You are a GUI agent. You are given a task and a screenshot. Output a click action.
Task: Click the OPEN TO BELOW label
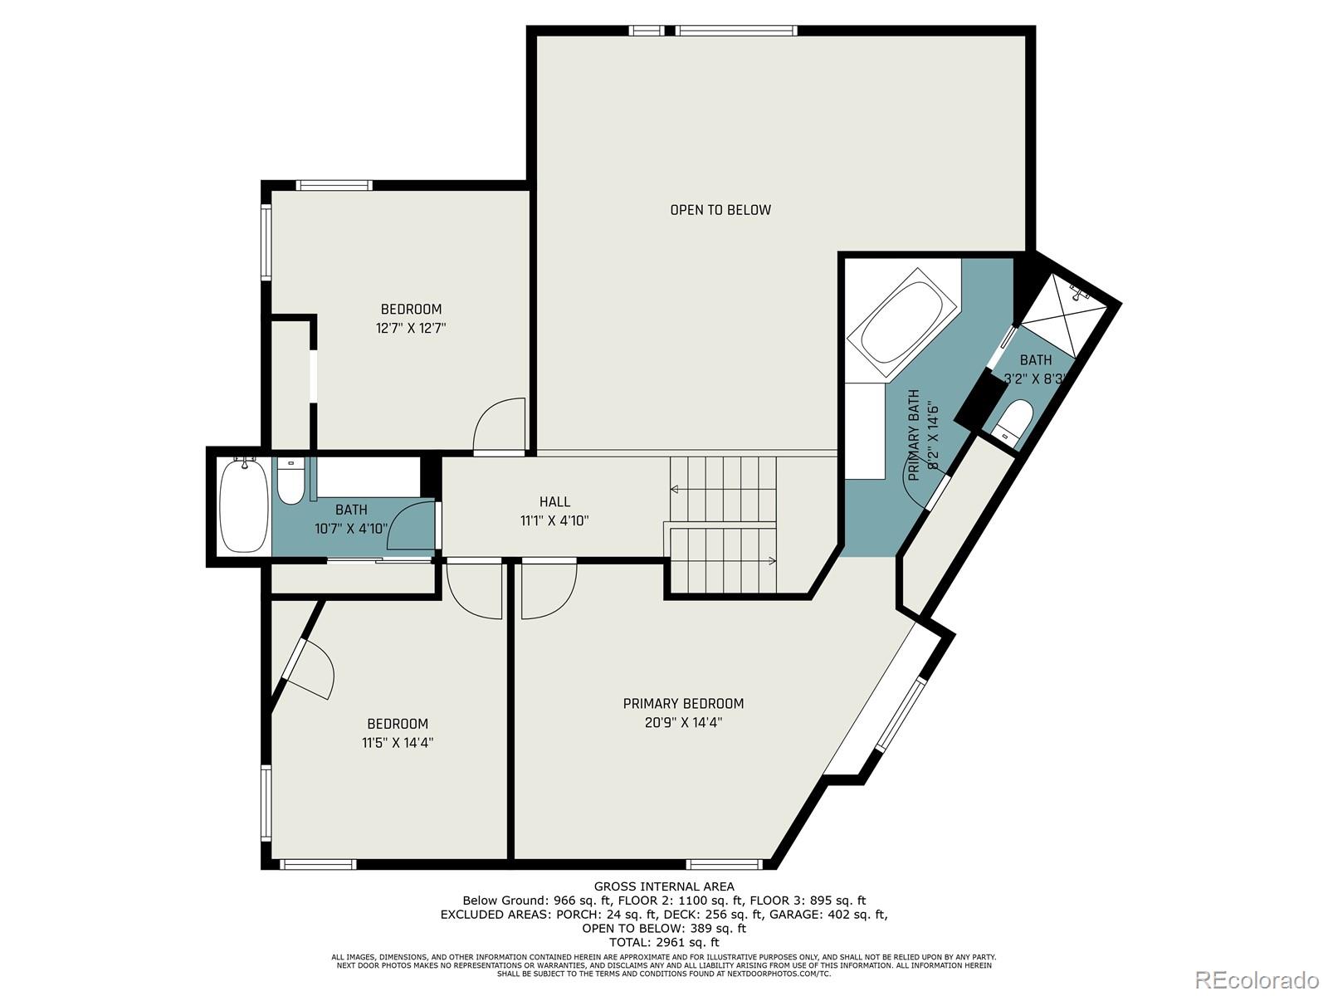(x=720, y=210)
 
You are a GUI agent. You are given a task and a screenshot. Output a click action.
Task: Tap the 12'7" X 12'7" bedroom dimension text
(x=411, y=328)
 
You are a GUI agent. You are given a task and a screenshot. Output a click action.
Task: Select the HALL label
(x=554, y=501)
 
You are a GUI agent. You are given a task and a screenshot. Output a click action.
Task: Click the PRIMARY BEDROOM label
(x=683, y=704)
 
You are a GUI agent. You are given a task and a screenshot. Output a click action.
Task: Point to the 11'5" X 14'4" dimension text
(x=398, y=743)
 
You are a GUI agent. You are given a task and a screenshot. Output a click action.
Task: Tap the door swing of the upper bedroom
(x=500, y=426)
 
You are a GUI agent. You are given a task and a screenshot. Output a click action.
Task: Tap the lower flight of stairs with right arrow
(x=722, y=561)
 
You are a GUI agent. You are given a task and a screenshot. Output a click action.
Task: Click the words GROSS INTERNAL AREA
(x=663, y=886)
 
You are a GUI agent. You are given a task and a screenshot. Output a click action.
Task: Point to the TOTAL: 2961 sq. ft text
(x=663, y=942)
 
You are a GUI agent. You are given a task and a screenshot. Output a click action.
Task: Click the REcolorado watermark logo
(x=1262, y=979)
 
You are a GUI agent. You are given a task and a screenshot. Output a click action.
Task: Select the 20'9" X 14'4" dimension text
(x=683, y=723)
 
